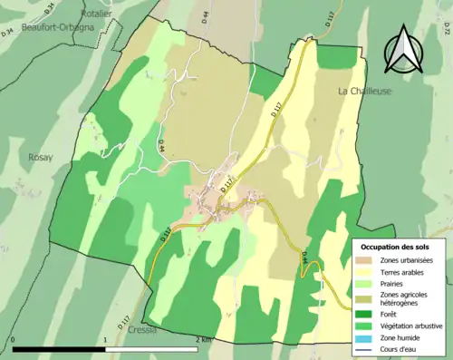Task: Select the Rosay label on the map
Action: [x=41, y=157]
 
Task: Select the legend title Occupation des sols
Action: [x=397, y=247]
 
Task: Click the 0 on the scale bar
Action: [x=14, y=340]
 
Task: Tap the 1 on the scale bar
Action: [x=106, y=340]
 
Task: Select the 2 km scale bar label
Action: [x=204, y=340]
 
